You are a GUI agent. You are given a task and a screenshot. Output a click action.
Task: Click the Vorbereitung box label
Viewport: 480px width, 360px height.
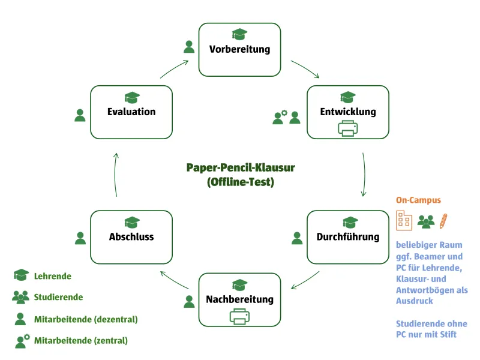click(239, 49)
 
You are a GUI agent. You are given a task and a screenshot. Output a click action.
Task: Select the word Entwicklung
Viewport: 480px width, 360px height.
click(348, 112)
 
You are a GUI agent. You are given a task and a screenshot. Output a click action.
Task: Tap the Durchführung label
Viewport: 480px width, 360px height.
click(348, 236)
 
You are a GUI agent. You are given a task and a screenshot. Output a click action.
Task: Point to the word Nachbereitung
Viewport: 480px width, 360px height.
click(239, 299)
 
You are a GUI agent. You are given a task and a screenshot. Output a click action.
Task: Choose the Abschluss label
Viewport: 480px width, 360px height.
click(131, 236)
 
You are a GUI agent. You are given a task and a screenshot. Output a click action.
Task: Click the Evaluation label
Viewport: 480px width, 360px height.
click(131, 112)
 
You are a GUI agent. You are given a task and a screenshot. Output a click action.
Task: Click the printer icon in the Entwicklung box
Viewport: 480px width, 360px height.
click(348, 128)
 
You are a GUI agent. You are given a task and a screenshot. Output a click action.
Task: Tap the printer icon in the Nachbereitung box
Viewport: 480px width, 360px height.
click(239, 316)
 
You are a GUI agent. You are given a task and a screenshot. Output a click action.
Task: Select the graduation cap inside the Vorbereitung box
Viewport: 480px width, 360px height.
click(239, 34)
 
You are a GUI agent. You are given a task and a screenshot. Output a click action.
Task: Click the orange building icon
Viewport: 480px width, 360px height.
click(404, 220)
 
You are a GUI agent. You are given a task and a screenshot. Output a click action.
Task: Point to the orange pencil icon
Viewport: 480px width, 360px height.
click(443, 221)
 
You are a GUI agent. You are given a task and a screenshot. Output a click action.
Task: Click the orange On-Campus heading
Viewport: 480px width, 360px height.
click(418, 200)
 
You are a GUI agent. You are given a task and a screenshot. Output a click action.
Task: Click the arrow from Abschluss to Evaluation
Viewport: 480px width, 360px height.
click(115, 175)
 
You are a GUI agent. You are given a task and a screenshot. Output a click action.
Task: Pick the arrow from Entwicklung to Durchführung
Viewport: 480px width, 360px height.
click(364, 175)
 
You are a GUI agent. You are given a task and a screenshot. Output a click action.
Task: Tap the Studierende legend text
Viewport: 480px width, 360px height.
click(58, 297)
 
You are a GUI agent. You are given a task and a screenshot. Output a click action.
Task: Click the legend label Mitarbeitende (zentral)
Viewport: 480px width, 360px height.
click(81, 340)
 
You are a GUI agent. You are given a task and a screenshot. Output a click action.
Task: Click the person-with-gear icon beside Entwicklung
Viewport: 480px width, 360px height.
click(280, 117)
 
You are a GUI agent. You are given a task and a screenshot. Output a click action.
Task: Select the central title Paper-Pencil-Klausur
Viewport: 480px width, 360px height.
click(241, 167)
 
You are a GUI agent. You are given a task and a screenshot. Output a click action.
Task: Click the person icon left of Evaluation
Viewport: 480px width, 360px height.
click(80, 115)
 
